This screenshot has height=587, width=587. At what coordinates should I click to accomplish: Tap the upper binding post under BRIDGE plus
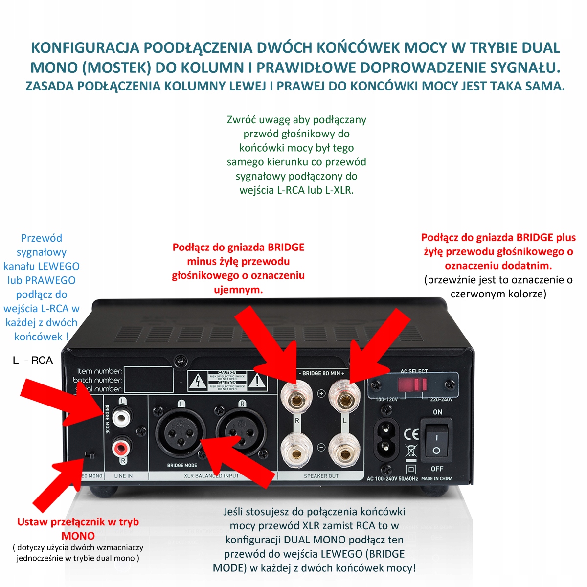coord(345,401)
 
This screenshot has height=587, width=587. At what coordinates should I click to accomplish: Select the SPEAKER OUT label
coord(321,476)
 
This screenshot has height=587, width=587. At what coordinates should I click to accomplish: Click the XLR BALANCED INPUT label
coord(211,476)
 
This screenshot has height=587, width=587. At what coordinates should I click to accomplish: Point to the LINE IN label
coord(123,476)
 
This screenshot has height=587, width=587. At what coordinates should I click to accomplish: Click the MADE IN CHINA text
coord(437,478)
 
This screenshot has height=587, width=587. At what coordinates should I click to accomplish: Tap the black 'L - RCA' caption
coord(32,361)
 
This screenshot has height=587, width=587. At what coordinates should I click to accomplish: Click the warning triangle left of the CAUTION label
coord(198,381)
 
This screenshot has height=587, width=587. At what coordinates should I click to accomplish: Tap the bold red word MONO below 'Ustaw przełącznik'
coord(78,536)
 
